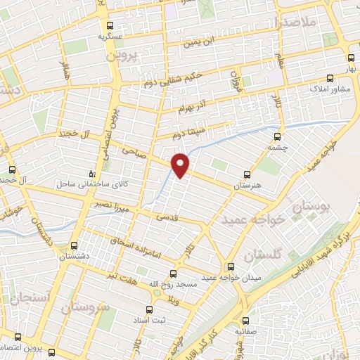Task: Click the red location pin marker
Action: tap(181, 164)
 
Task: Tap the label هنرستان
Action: tap(247, 184)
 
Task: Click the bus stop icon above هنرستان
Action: tap(246, 174)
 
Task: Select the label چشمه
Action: tap(278, 148)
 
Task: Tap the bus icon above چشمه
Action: tap(277, 137)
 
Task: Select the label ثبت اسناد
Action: tap(148, 320)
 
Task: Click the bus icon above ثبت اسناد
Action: tap(148, 309)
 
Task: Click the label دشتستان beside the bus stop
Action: tap(74, 256)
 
